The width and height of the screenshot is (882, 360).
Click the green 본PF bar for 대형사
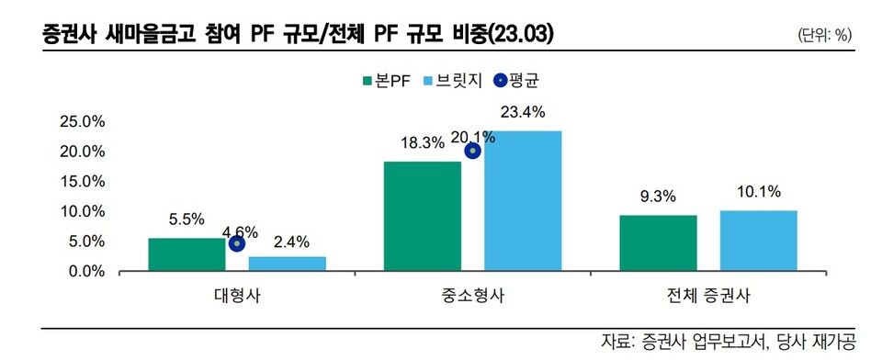tap(187, 254)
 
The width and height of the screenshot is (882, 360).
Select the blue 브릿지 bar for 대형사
tap(287, 264)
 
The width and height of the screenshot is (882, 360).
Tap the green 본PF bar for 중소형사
tap(423, 216)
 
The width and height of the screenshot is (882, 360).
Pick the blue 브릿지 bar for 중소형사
tap(523, 201)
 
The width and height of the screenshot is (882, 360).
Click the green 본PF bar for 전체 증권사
tap(658, 243)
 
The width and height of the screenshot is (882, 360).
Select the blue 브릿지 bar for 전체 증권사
tap(758, 241)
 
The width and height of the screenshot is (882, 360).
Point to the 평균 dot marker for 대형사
tap(237, 243)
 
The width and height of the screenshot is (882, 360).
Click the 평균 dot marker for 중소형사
tap(472, 151)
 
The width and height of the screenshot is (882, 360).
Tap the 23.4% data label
tap(523, 113)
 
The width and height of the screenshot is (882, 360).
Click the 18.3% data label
tap(423, 143)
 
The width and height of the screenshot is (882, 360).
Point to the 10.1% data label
tap(758, 192)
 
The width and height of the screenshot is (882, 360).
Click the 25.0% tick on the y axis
tap(82, 121)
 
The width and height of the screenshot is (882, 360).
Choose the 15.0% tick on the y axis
tap(82, 181)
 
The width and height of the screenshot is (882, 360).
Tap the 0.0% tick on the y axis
tap(85, 272)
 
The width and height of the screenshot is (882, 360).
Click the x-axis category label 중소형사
tap(472, 298)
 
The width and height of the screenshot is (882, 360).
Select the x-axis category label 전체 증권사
tap(707, 298)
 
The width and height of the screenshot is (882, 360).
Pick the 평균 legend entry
tap(515, 81)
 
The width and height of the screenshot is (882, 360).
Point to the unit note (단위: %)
tap(827, 35)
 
